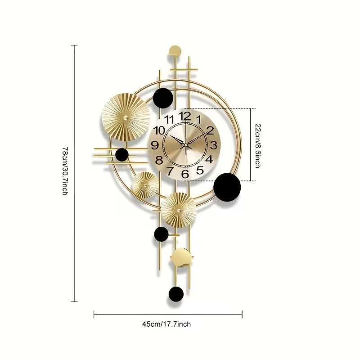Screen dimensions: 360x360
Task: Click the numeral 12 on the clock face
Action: [184, 116]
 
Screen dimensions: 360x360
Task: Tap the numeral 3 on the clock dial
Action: [214, 145]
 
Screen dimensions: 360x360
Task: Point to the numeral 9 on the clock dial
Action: [155, 145]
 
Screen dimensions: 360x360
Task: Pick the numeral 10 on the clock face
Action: [159, 130]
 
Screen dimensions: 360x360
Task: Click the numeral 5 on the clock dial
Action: [200, 170]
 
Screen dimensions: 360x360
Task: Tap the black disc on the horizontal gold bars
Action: [121, 155]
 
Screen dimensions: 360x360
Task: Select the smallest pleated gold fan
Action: [145, 185]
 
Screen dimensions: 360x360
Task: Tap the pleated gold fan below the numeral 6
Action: [179, 210]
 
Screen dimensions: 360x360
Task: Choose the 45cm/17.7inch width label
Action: [167, 324]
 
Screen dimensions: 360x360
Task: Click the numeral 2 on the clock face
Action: [210, 130]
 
